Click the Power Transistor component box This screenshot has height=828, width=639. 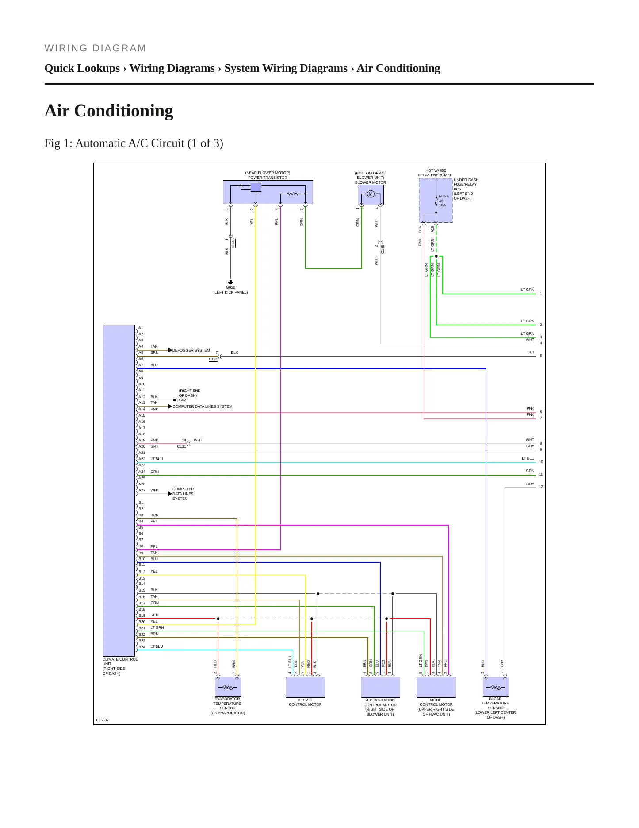(x=268, y=192)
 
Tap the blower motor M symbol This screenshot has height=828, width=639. (x=371, y=194)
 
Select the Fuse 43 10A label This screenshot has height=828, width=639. (x=444, y=201)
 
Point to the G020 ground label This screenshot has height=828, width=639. (x=230, y=287)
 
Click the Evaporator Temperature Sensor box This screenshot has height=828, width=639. (x=228, y=687)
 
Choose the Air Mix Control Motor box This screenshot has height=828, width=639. (x=306, y=687)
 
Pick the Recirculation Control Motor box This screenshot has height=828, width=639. (x=380, y=687)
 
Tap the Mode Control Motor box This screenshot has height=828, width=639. (x=436, y=687)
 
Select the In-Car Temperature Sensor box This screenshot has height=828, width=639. (x=496, y=686)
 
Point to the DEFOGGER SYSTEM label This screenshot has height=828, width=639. (x=191, y=350)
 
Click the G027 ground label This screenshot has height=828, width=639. (x=184, y=400)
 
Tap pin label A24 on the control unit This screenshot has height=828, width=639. (x=142, y=472)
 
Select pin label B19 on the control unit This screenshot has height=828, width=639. (x=142, y=615)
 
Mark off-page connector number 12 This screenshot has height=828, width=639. (x=541, y=487)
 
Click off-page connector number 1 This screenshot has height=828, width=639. (x=541, y=293)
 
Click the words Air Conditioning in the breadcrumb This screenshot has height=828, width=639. (x=398, y=68)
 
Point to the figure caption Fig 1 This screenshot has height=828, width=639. (x=134, y=143)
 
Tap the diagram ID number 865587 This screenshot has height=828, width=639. (x=102, y=720)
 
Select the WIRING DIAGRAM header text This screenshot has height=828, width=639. (x=95, y=48)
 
